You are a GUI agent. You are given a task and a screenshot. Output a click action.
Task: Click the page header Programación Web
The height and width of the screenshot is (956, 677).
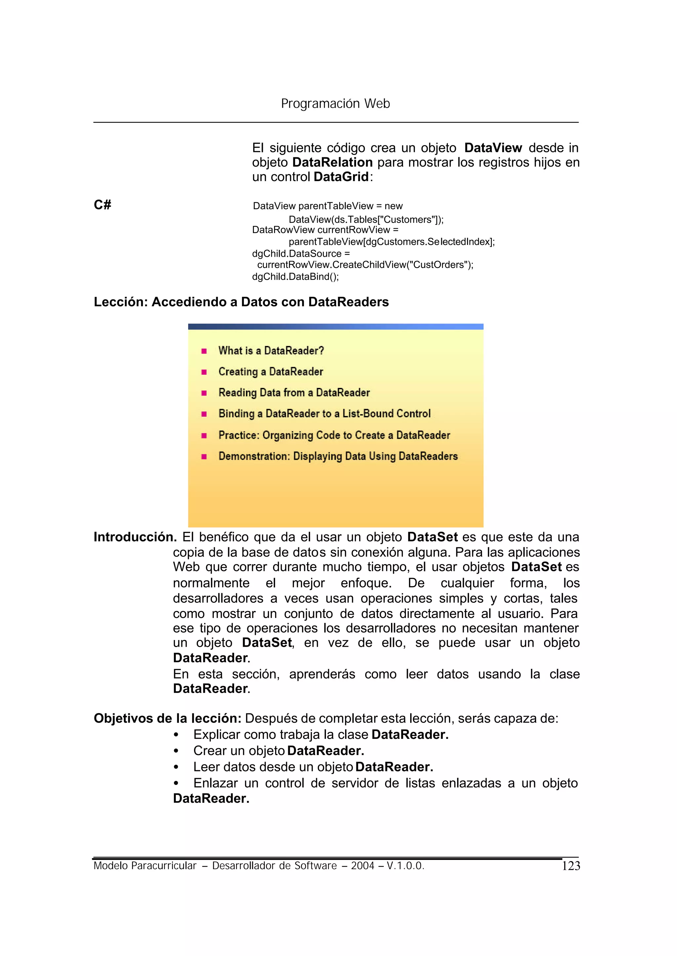pos(335,103)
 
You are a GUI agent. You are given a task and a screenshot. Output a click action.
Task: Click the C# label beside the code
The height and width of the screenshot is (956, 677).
pos(102,205)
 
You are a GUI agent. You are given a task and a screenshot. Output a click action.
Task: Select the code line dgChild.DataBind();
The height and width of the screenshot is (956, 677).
pos(295,277)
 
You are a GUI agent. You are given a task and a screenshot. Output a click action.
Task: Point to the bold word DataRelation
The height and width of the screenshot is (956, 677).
pos(332,162)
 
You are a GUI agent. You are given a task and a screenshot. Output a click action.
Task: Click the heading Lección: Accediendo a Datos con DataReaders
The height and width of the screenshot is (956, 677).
pos(241,302)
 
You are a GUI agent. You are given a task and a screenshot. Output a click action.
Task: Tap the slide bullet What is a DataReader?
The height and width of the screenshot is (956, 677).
pos(271,351)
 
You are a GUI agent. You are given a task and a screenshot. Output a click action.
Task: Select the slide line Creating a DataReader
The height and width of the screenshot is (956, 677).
pos(270,371)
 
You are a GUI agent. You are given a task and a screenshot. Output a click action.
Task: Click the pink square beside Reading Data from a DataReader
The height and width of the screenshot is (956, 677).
pos(204,393)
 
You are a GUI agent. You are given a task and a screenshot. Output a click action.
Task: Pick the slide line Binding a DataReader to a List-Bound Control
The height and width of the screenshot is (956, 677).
pos(324,413)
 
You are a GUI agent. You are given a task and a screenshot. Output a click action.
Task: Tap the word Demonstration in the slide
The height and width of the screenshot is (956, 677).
pos(254,456)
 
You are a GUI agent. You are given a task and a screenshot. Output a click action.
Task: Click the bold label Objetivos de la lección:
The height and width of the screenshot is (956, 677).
pos(168,718)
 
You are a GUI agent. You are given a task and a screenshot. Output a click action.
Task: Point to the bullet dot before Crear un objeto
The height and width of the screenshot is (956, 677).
pos(176,751)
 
